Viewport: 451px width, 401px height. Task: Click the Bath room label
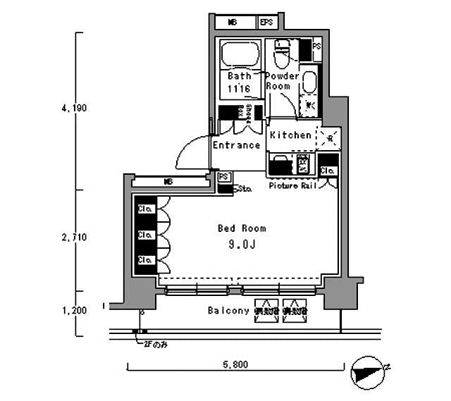[x=238, y=75]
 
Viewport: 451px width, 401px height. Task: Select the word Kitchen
[x=290, y=135]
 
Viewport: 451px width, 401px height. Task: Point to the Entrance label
[x=236, y=145]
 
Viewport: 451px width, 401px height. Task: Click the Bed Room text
[x=242, y=228]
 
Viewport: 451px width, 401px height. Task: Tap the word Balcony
[x=228, y=310]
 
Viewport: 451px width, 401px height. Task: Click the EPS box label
[x=266, y=23]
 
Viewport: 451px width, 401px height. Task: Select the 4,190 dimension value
[x=73, y=109]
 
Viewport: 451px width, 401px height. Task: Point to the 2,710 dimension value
[x=73, y=238]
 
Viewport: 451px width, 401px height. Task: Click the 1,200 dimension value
[x=73, y=309]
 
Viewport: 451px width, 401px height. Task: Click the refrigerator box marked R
[x=329, y=136]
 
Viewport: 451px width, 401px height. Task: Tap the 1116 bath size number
[x=238, y=89]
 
